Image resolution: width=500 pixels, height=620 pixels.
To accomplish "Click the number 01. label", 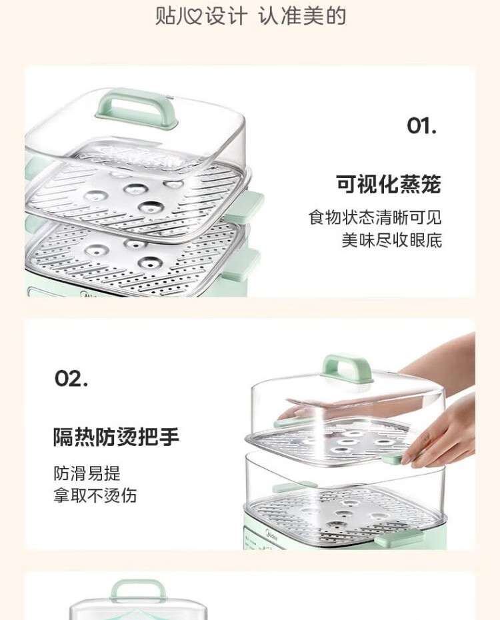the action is point(421,126).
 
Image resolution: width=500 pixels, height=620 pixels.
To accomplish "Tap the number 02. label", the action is point(71,378).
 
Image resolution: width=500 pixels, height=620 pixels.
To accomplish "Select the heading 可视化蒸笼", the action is point(389,184).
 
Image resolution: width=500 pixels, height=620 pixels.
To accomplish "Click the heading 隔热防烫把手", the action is point(116,437).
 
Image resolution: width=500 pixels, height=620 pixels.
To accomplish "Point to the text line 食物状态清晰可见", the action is point(375,217).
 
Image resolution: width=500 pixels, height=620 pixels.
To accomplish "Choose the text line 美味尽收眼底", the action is point(392,240).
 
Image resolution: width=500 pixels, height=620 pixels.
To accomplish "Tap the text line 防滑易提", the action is point(87,473).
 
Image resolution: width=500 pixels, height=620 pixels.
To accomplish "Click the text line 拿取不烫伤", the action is point(95,495).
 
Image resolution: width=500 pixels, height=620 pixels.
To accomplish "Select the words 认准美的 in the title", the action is point(303,16).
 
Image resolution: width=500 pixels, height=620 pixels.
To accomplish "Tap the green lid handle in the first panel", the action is point(137,109).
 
